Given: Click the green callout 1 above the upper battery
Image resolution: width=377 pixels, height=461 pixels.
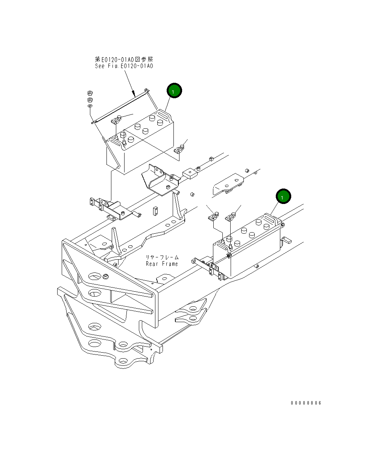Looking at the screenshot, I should click(x=174, y=91).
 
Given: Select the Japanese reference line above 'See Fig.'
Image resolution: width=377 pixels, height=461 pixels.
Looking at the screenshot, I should click(x=124, y=59).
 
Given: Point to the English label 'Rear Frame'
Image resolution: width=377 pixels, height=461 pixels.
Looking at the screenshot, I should click(x=162, y=264).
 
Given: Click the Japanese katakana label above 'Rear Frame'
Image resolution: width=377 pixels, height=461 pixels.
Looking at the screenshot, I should click(x=163, y=257).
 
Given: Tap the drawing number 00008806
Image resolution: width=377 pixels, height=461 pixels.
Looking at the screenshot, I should click(x=306, y=403).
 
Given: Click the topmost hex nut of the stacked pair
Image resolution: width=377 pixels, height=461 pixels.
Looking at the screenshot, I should click(x=90, y=93).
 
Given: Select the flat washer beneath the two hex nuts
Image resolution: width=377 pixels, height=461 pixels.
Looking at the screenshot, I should click(x=90, y=107).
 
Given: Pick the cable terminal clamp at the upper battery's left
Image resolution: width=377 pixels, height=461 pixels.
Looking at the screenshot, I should click(x=116, y=121).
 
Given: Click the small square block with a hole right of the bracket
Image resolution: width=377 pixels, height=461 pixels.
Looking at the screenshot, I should click(x=190, y=173).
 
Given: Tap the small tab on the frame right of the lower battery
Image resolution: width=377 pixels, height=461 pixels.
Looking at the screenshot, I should click(x=287, y=240).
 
